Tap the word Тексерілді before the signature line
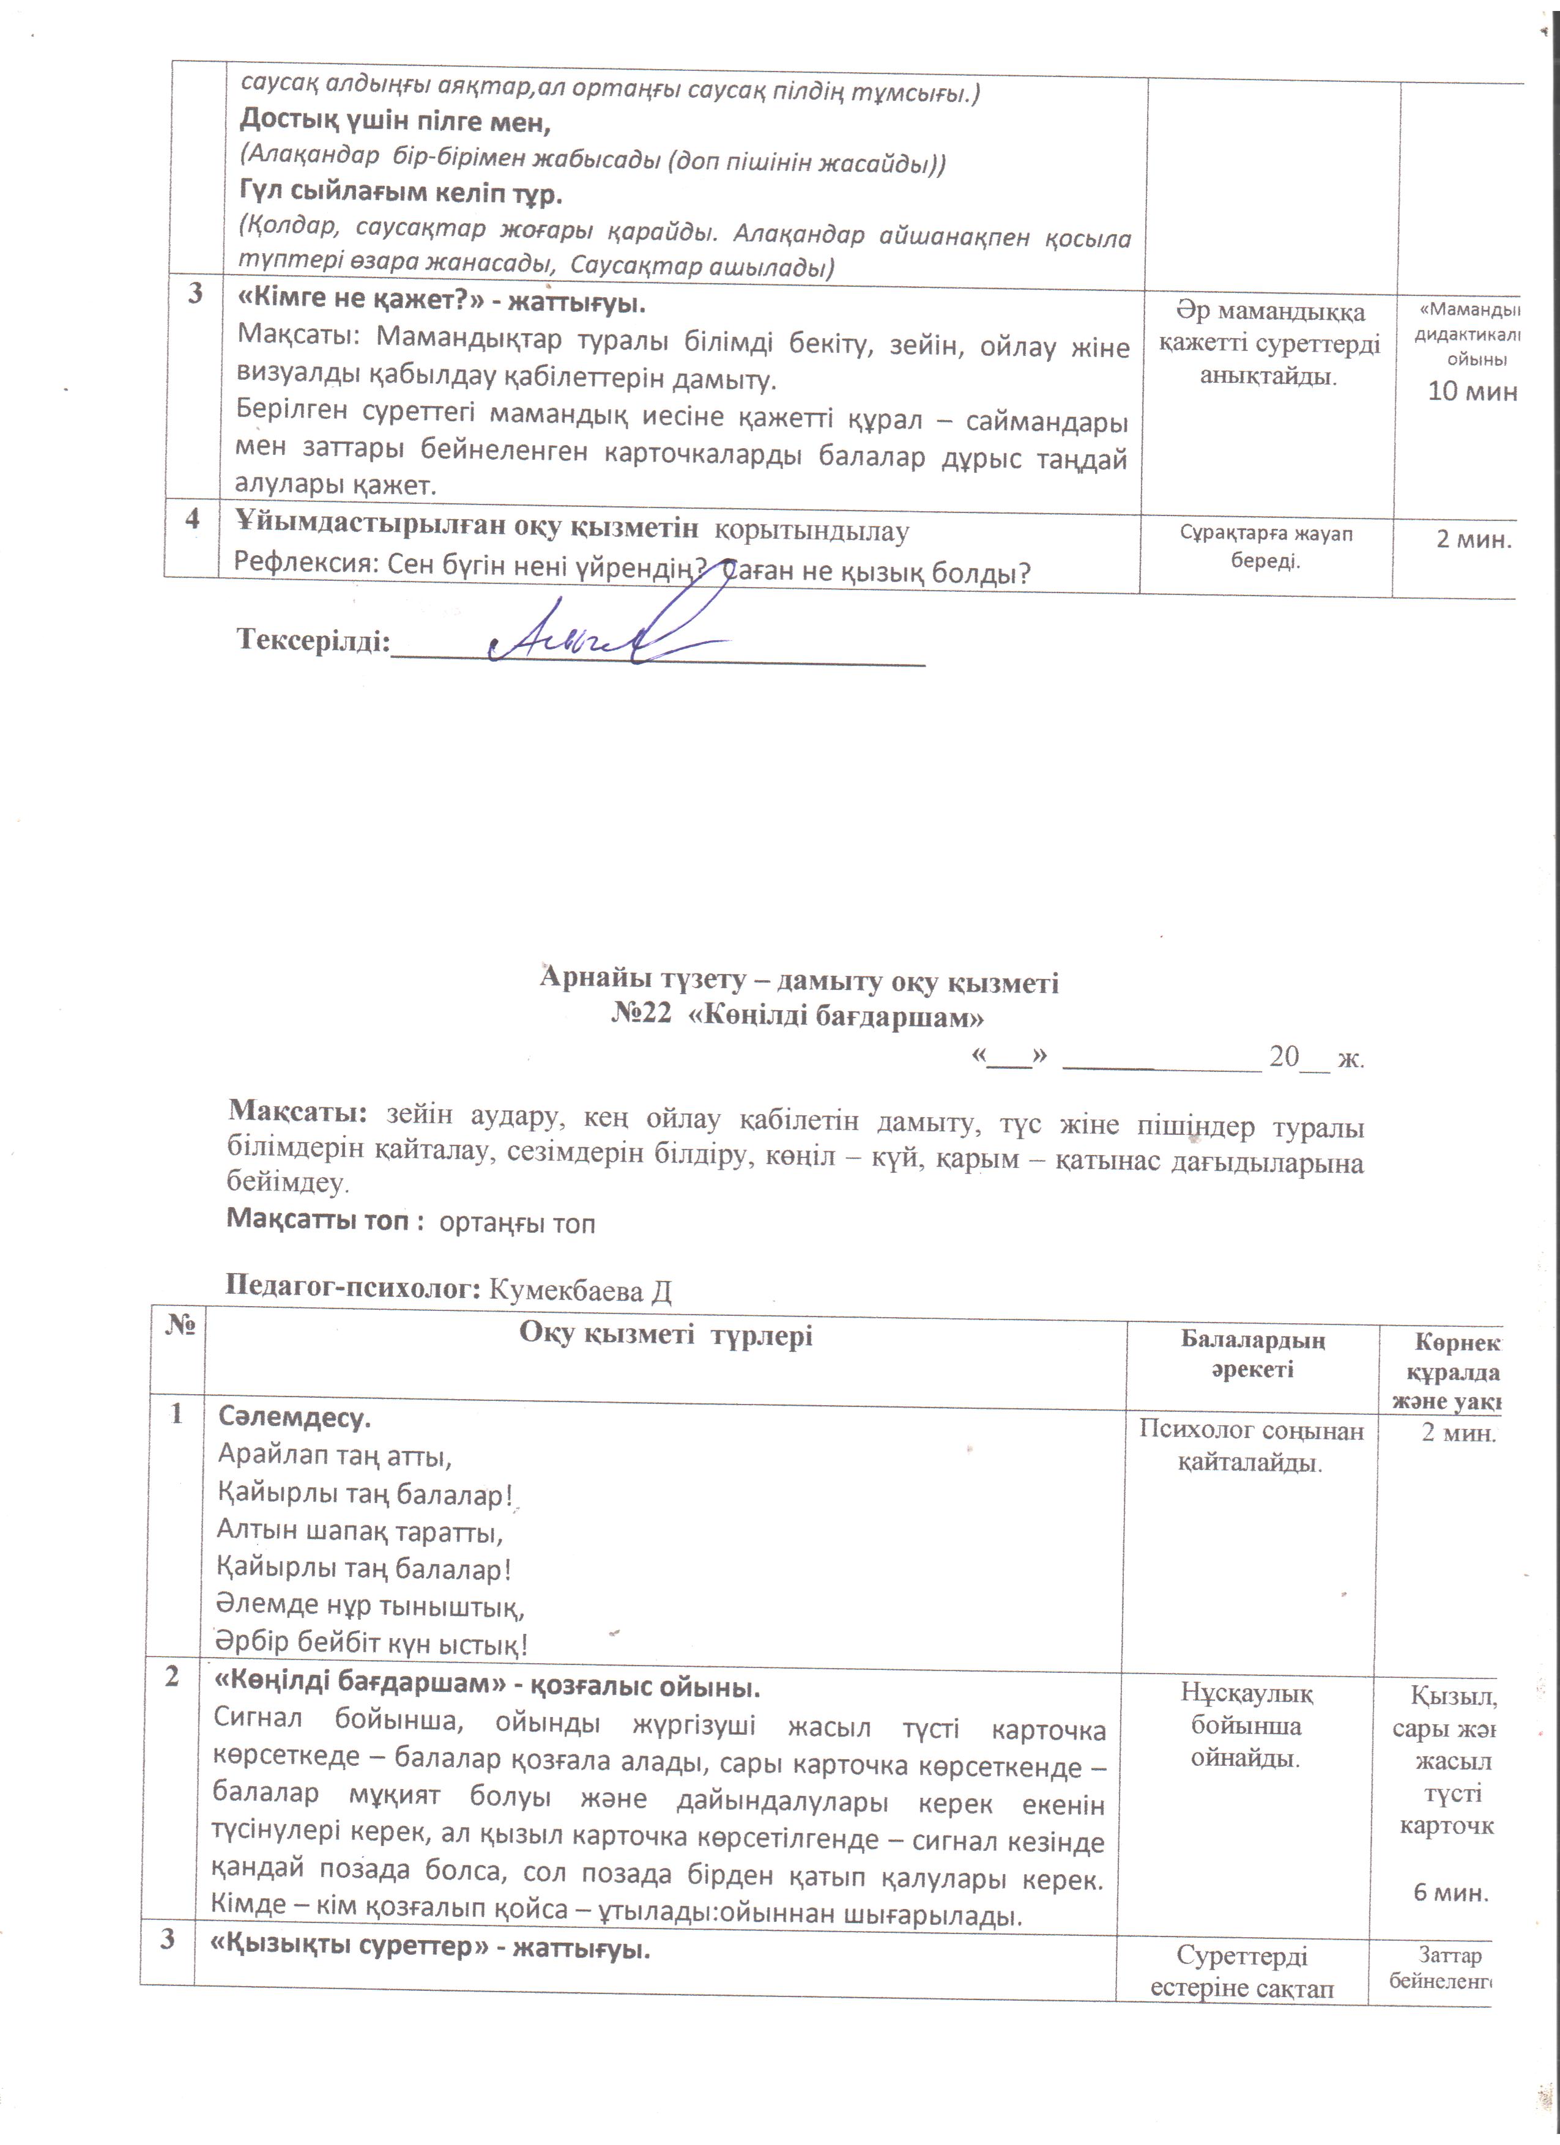point(312,640)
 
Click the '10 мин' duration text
point(1472,391)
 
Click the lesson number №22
point(641,1015)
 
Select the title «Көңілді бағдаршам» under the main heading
point(838,1017)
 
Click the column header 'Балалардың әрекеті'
point(1252,1354)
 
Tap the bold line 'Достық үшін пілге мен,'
point(395,121)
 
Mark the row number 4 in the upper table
point(193,519)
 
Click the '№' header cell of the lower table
point(180,1326)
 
